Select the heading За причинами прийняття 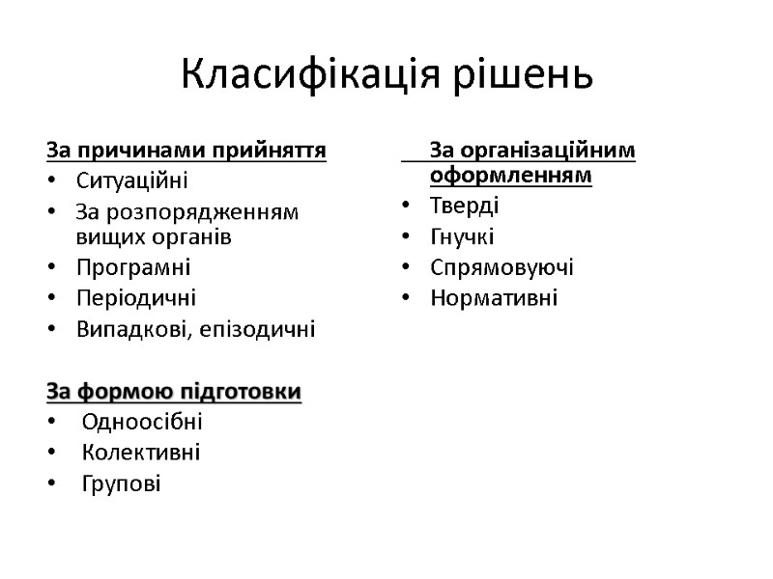186,151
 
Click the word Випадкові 124,329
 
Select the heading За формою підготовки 174,392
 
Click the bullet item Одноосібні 142,422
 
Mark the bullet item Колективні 141,452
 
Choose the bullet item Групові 121,482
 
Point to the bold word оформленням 510,176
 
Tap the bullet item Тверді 465,206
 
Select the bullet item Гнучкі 463,236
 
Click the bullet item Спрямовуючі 502,267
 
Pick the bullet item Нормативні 494,297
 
